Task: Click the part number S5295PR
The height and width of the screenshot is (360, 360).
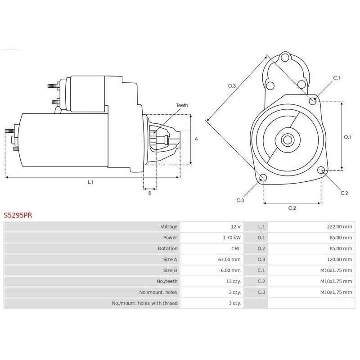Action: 18,215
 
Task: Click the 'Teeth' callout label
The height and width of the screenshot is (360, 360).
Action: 182,105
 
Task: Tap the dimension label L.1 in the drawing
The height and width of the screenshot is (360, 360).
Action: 90,182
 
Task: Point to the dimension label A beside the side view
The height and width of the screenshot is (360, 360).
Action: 196,139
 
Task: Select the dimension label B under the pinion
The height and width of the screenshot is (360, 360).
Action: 150,193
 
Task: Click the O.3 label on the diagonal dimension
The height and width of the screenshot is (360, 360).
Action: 232,86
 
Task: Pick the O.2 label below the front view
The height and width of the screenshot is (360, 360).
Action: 292,208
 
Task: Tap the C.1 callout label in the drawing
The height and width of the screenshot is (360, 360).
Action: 337,78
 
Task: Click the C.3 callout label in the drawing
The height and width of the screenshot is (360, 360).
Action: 240,200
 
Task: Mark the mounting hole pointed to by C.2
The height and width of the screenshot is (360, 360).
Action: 321,170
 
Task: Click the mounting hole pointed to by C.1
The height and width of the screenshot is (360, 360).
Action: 313,101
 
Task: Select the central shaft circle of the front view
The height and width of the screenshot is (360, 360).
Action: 288,139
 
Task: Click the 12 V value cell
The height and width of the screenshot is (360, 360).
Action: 236,227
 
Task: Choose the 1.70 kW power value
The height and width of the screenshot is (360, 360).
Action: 232,238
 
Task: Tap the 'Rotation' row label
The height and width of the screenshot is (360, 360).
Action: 167,249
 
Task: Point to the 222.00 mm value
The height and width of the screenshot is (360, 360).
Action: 339,227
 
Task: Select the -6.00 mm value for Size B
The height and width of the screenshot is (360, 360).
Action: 229,270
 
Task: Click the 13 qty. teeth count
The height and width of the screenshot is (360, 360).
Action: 234,282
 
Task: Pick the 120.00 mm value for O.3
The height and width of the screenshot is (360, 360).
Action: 339,260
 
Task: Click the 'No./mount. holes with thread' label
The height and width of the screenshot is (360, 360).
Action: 144,303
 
